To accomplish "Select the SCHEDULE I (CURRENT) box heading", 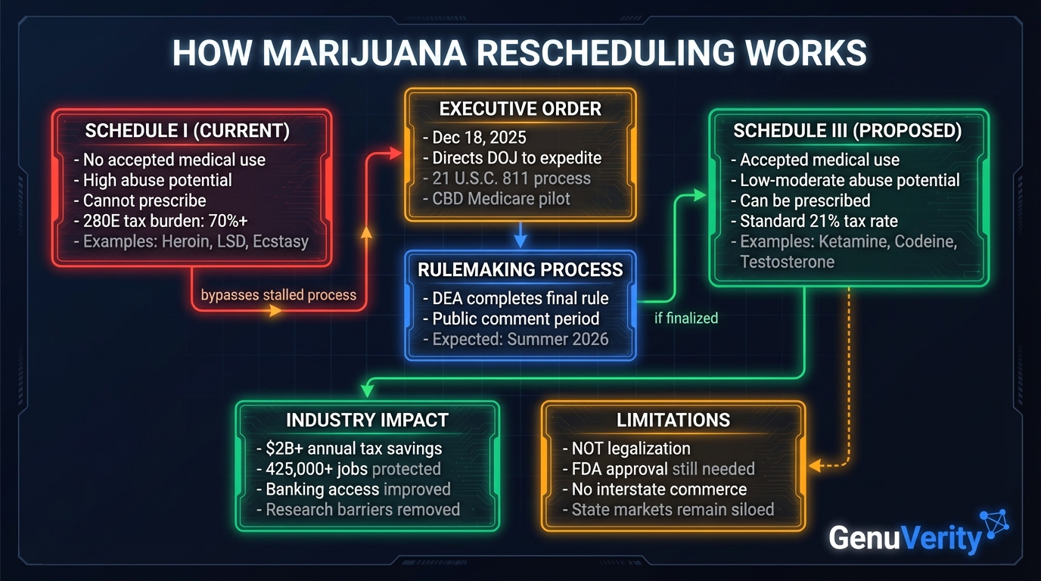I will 187,131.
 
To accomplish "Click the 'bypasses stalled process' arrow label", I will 278,295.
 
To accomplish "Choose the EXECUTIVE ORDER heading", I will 520,109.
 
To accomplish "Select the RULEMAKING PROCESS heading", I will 520,270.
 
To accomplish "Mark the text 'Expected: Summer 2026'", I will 520,338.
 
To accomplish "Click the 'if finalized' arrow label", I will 685,318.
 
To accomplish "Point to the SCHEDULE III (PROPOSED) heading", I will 847,131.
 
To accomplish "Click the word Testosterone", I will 787,262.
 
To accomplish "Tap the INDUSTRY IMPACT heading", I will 367,420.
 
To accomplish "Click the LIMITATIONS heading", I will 673,420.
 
